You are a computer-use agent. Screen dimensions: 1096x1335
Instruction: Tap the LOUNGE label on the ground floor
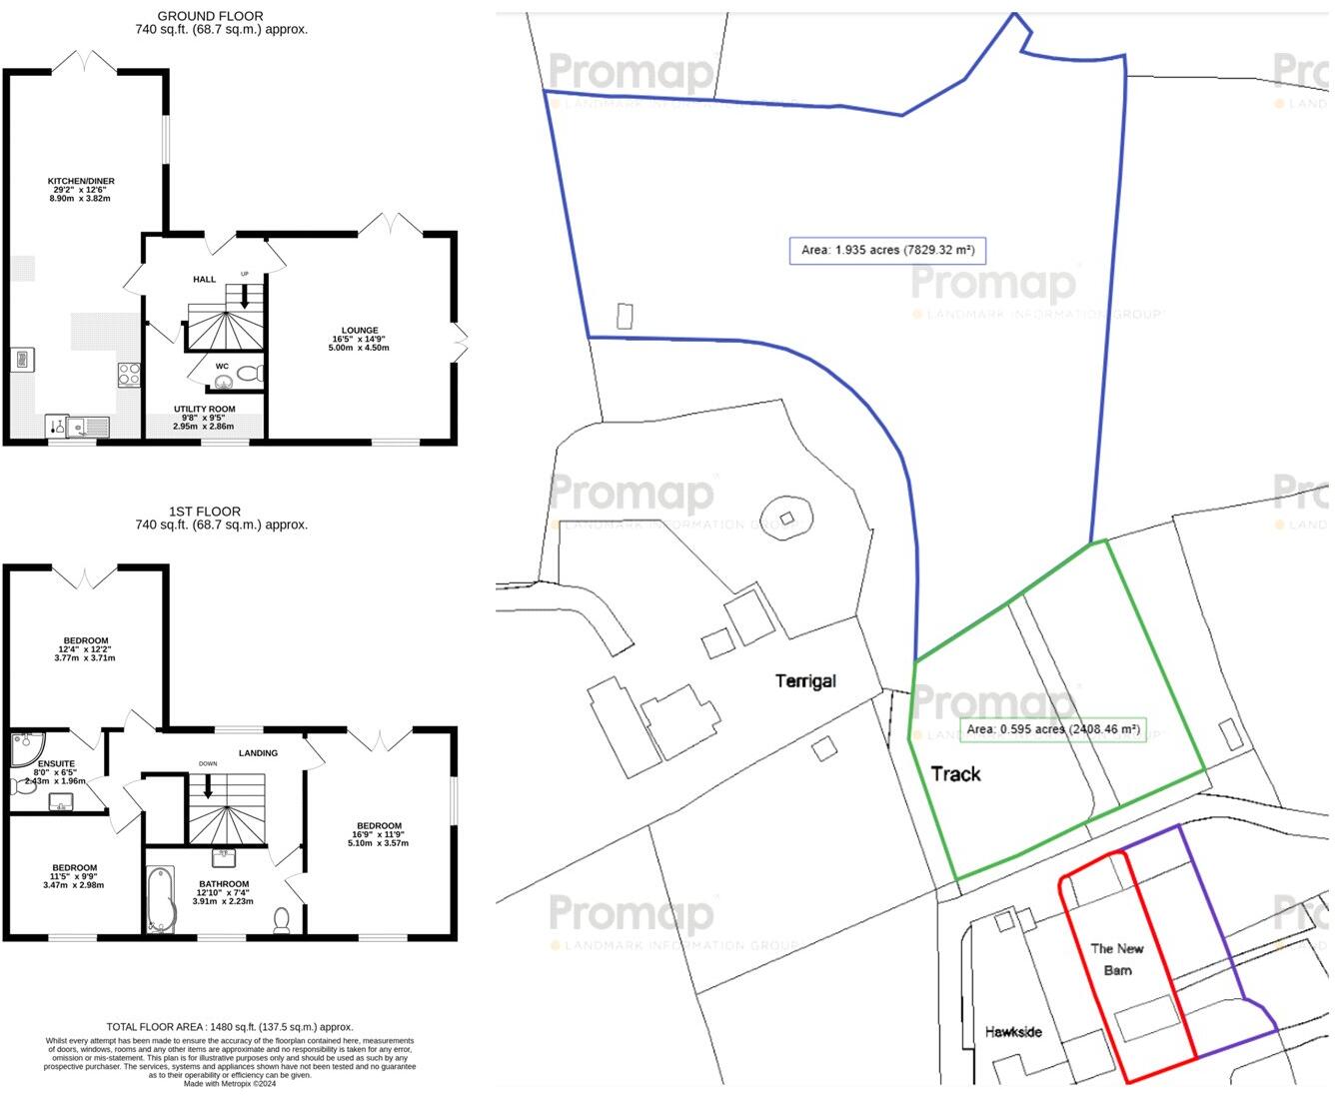pos(359,330)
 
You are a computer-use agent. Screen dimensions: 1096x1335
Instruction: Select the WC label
pos(222,366)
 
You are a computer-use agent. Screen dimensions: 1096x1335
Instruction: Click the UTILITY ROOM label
pos(204,410)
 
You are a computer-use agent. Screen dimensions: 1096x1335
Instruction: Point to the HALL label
pos(204,280)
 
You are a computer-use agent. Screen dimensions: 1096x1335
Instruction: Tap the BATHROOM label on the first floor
pos(224,884)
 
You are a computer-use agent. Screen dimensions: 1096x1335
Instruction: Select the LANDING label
pos(258,752)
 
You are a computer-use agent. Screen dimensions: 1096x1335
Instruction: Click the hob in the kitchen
pos(130,375)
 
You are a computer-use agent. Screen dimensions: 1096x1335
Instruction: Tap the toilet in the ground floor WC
pos(249,374)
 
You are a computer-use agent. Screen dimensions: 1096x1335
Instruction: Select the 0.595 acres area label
pos(1052,729)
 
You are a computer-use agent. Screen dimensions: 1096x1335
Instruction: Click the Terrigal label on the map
pos(805,681)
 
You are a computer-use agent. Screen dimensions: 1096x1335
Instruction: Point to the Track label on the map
pos(955,773)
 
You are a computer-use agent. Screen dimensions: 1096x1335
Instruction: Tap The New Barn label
pos(1117,959)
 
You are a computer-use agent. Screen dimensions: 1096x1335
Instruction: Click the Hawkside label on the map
pos(1013,1031)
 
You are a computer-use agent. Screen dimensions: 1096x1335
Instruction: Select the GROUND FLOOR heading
pos(211,16)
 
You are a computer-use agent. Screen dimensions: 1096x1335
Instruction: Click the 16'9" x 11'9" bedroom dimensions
pos(380,834)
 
